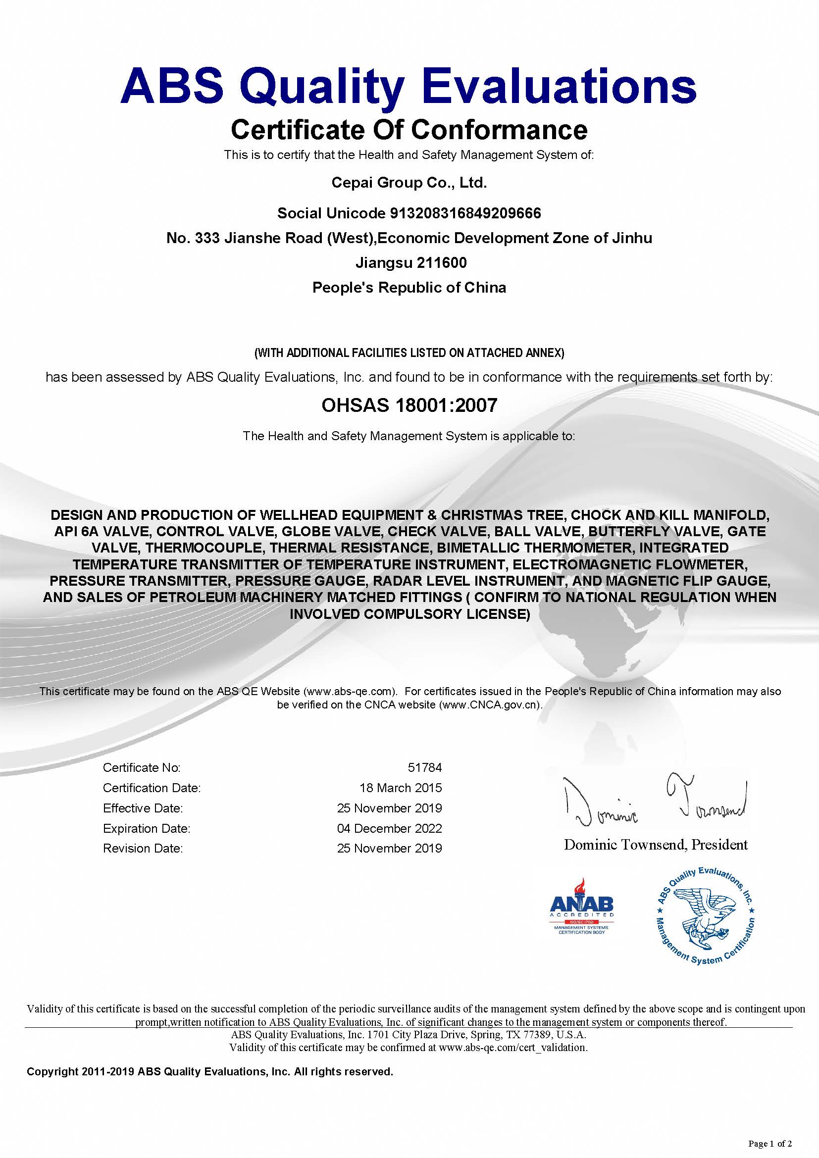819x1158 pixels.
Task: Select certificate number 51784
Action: pos(425,768)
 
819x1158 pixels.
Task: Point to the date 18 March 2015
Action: pos(401,788)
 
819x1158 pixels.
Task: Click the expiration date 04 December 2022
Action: pos(389,828)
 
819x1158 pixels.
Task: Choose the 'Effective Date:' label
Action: pos(143,808)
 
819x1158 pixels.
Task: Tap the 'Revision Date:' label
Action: pos(143,849)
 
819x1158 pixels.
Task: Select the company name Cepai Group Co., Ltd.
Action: pos(409,183)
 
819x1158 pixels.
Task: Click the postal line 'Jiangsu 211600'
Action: pos(411,263)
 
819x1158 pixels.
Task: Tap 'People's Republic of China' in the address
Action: pos(409,288)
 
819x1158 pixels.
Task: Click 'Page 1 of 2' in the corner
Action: pos(770,1142)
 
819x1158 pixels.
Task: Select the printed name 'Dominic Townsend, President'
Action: pos(656,845)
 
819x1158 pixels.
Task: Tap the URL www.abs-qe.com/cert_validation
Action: pos(512,1047)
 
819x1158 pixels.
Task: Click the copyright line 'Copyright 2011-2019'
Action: pos(81,1072)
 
